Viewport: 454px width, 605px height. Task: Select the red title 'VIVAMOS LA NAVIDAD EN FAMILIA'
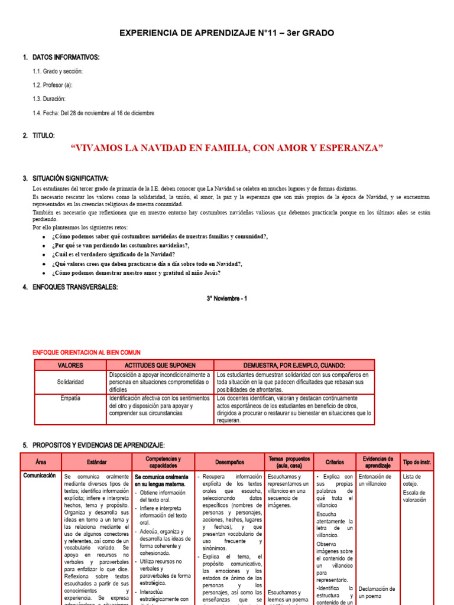pyautogui.click(x=226, y=148)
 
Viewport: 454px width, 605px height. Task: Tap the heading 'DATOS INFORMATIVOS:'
pyautogui.click(x=66, y=57)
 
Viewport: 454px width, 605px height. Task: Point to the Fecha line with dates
pyautogui.click(x=93, y=113)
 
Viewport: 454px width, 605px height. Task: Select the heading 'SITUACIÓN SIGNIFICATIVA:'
pyautogui.click(x=70, y=178)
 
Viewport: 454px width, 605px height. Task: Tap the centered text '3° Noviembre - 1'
pyautogui.click(x=227, y=298)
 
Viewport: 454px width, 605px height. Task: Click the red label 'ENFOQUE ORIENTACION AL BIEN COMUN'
pyautogui.click(x=86, y=352)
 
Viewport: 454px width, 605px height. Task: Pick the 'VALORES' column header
pyautogui.click(x=70, y=366)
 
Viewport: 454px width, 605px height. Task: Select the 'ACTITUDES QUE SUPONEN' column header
pyautogui.click(x=160, y=366)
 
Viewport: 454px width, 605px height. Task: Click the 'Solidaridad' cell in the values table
pyautogui.click(x=70, y=382)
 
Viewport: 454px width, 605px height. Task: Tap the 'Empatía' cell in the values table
pyautogui.click(x=70, y=399)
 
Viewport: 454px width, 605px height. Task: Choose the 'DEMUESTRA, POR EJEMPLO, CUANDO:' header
pyautogui.click(x=294, y=366)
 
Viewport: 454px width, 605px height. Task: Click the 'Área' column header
pyautogui.click(x=41, y=462)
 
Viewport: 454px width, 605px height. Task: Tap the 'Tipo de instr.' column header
pyautogui.click(x=417, y=462)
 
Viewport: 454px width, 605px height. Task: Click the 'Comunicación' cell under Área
pyautogui.click(x=40, y=475)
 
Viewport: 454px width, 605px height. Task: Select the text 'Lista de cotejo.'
pyautogui.click(x=411, y=480)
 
